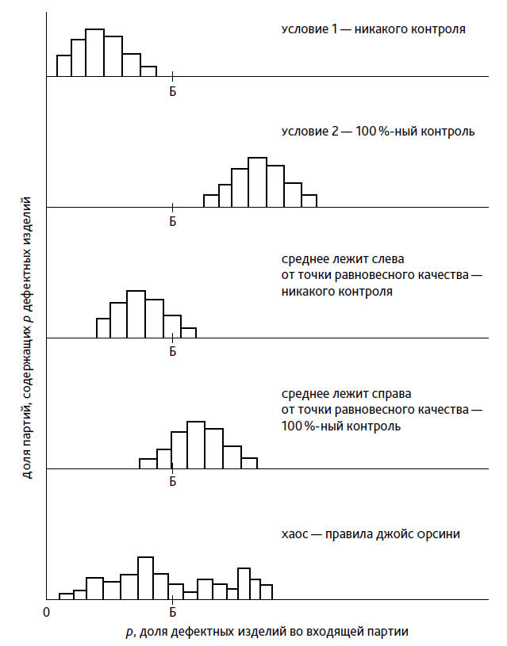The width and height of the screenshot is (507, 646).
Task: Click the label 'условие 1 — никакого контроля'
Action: [x=373, y=30]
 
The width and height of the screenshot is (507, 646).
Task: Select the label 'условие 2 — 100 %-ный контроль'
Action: [x=378, y=132]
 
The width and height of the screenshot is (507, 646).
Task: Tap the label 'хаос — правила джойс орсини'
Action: [x=371, y=534]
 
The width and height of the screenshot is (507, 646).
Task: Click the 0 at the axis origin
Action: [x=47, y=612]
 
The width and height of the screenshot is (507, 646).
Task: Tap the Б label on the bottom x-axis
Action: [x=172, y=612]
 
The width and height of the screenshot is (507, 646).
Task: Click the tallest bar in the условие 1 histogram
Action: [x=94, y=53]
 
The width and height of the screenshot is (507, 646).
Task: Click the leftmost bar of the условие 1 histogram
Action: [x=63, y=66]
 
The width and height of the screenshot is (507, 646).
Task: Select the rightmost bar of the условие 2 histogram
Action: [x=309, y=201]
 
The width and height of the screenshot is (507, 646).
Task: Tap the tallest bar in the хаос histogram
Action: [x=145, y=578]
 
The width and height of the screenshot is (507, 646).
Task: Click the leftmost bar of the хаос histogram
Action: [x=66, y=596]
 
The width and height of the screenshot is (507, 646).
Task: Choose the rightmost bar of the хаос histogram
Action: [x=266, y=591]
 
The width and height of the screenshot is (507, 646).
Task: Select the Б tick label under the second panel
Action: [x=172, y=221]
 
